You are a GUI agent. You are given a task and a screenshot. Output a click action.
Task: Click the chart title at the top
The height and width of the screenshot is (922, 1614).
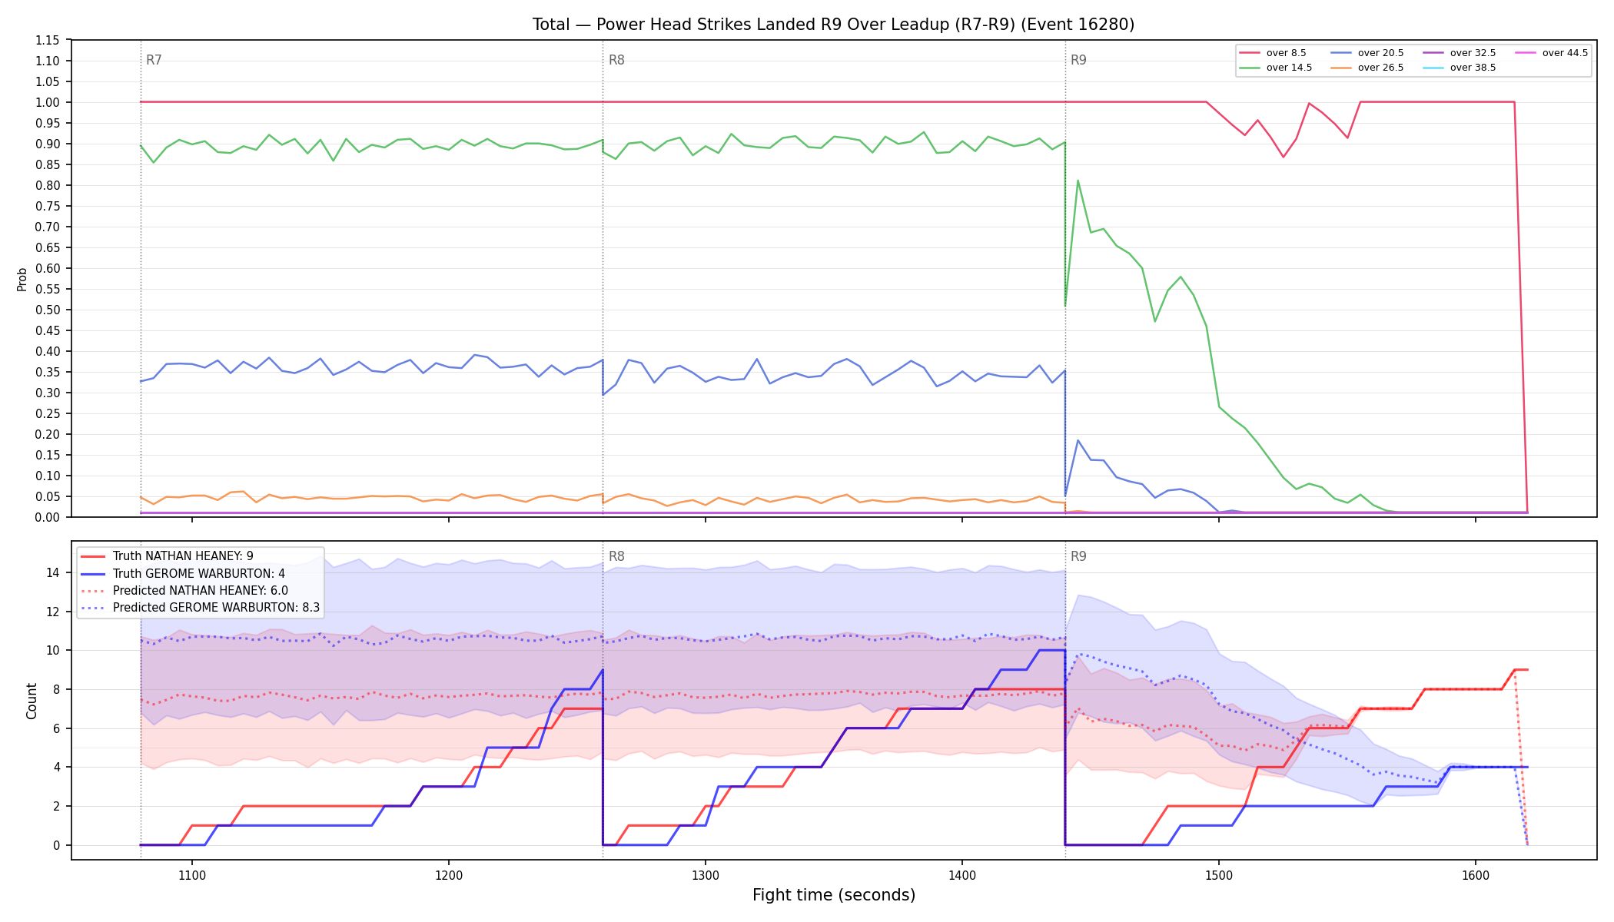(x=833, y=25)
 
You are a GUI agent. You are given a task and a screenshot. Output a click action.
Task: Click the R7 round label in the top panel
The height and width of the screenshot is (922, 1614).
(x=154, y=60)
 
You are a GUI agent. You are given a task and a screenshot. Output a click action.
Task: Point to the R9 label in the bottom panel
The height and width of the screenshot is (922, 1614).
(x=1078, y=556)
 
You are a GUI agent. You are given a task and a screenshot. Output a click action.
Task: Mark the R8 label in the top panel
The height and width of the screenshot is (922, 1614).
(x=616, y=60)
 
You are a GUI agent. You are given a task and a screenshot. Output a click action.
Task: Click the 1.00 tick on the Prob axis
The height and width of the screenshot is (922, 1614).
(x=48, y=102)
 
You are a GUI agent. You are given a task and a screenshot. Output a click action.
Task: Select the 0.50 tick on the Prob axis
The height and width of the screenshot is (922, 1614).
(x=48, y=310)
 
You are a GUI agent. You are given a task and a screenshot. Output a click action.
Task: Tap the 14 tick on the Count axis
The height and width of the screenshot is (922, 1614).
(x=52, y=572)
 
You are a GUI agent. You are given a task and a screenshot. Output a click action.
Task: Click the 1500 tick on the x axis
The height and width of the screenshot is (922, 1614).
(x=1219, y=875)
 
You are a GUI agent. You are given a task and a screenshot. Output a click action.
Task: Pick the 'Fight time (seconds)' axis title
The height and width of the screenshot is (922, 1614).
(x=834, y=895)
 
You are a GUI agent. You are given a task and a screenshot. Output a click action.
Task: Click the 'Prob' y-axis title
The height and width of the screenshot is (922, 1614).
(x=22, y=279)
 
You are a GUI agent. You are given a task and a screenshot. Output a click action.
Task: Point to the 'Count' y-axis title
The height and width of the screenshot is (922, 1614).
(x=32, y=701)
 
